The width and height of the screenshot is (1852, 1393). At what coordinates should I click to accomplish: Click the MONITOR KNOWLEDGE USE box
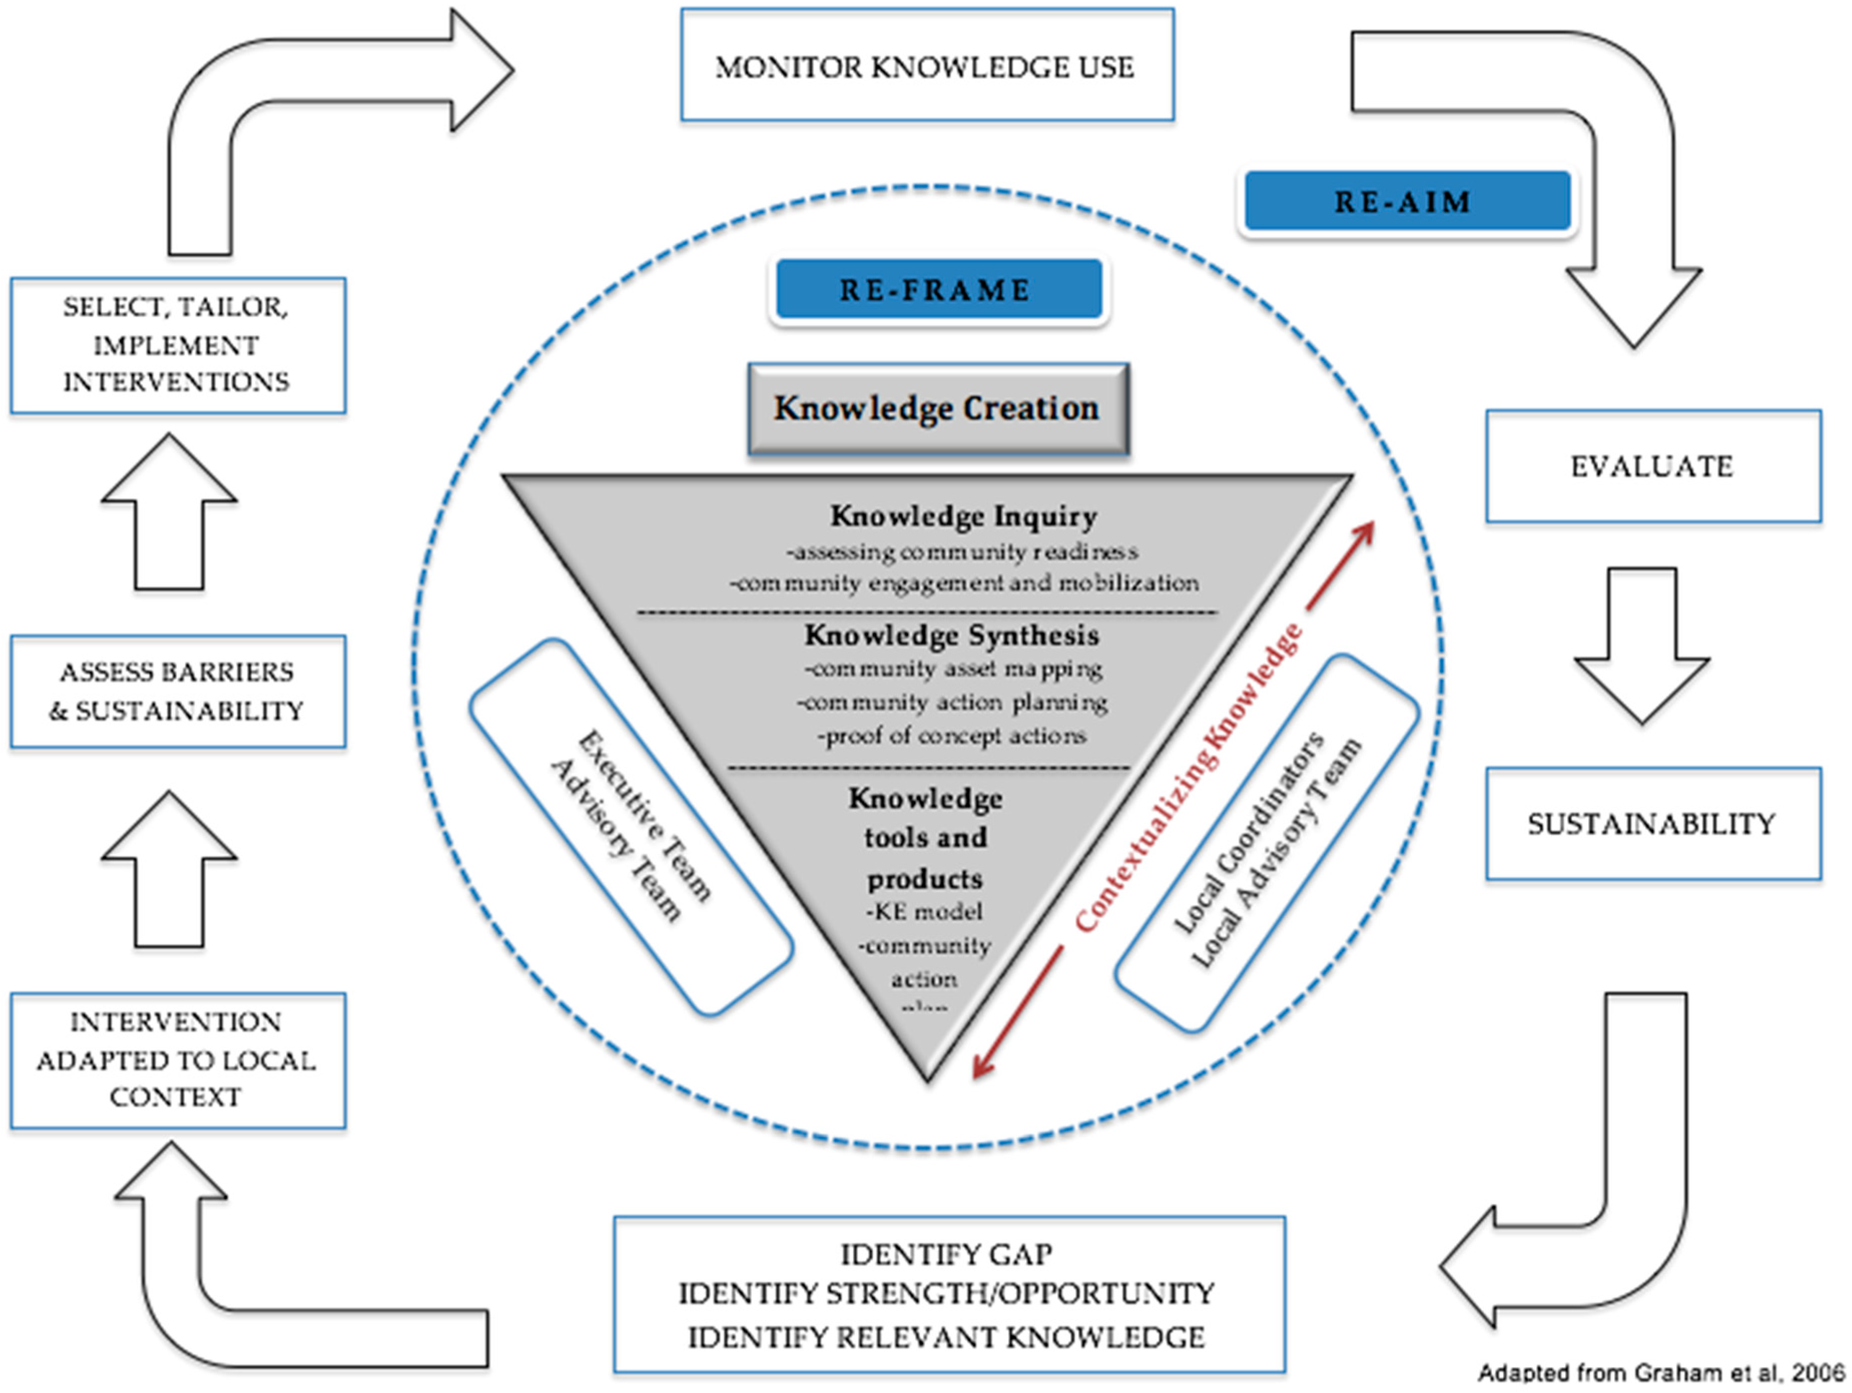(926, 65)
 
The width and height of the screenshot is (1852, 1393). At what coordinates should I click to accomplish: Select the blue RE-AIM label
(1406, 201)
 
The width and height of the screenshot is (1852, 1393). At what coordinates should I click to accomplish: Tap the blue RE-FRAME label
(938, 289)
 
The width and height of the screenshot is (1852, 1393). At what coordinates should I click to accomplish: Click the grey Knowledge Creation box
(938, 409)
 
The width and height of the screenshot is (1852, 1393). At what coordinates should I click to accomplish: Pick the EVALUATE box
(1653, 466)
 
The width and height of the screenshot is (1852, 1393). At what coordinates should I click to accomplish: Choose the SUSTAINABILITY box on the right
(1653, 824)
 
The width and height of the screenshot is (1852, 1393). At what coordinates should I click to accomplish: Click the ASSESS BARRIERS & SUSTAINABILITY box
(178, 691)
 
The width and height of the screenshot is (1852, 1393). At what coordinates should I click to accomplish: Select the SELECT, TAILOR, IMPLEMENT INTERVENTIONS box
(178, 345)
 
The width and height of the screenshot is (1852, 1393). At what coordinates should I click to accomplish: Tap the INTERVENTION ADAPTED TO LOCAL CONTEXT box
(178, 1060)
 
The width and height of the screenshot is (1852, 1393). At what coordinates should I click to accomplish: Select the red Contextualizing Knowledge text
(1189, 779)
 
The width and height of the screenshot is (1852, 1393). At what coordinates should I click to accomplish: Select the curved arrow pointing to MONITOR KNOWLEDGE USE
(318, 109)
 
